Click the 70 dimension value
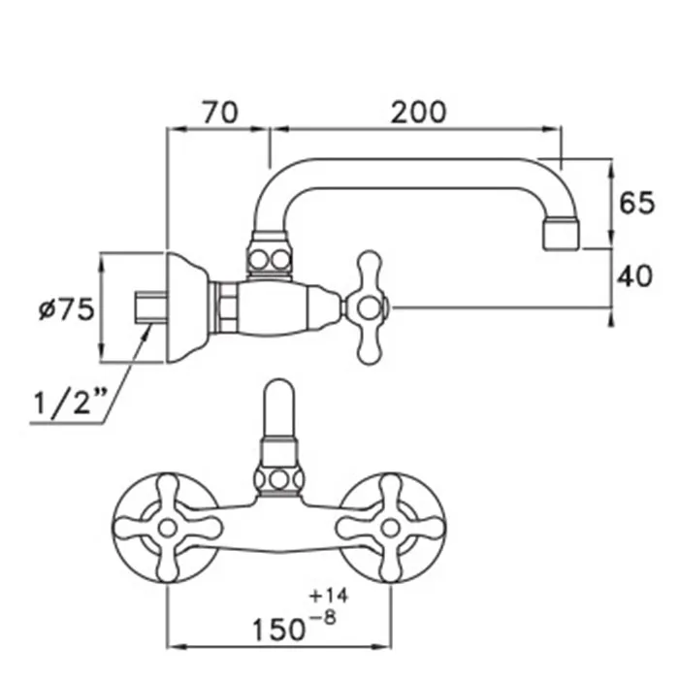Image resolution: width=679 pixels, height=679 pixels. pyautogui.click(x=220, y=113)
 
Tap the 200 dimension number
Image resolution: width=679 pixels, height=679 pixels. pyautogui.click(x=418, y=113)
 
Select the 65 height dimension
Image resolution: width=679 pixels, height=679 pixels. pyautogui.click(x=636, y=203)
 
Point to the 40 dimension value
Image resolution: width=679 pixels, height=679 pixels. pyautogui.click(x=634, y=275)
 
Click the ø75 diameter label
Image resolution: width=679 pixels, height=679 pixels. pyautogui.click(x=66, y=308)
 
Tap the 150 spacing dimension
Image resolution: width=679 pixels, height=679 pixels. pyautogui.click(x=278, y=630)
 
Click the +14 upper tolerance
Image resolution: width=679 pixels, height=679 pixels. pyautogui.click(x=328, y=597)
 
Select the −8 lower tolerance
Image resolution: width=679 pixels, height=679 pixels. pyautogui.click(x=323, y=618)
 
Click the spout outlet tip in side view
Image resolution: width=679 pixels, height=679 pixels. pyautogui.click(x=562, y=235)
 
